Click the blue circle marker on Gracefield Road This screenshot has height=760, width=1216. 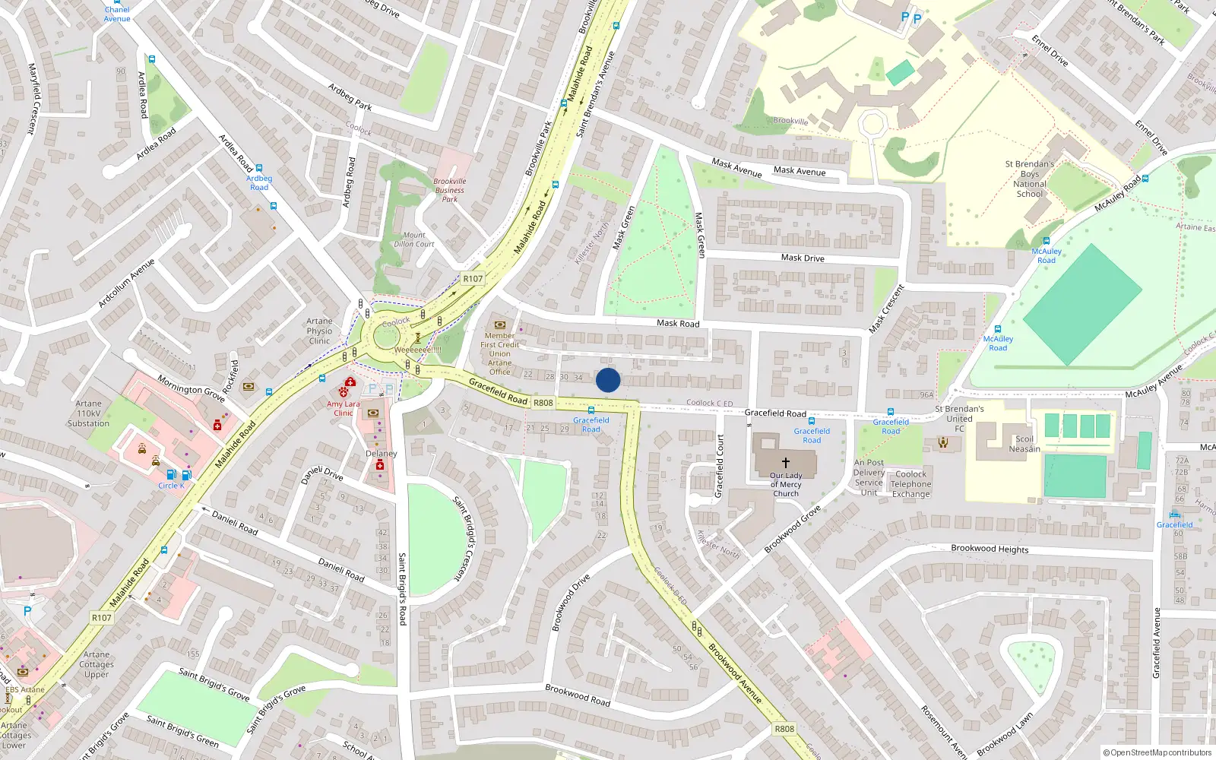[x=608, y=380]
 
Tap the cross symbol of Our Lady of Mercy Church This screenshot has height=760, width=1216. [x=786, y=461]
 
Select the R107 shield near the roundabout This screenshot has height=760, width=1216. [x=473, y=279]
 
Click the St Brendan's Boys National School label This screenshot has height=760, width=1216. [x=1030, y=179]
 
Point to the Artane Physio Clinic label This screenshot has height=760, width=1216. [x=319, y=331]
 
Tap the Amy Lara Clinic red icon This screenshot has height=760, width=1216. [x=350, y=382]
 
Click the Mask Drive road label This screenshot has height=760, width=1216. [x=803, y=258]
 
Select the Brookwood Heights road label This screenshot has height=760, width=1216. [x=990, y=549]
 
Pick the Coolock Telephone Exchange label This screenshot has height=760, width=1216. [x=910, y=484]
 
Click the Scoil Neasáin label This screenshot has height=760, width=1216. [x=1024, y=444]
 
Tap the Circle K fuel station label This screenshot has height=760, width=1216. [x=171, y=486]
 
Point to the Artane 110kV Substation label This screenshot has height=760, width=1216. [x=88, y=413]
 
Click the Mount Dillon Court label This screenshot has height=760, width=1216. [x=414, y=239]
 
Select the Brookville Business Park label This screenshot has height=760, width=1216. [x=450, y=190]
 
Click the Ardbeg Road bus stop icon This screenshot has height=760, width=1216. [x=259, y=169]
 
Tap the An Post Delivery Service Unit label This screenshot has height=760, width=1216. [x=869, y=477]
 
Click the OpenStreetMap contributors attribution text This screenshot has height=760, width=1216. [x=1161, y=752]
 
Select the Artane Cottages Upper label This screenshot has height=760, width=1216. [x=97, y=664]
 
